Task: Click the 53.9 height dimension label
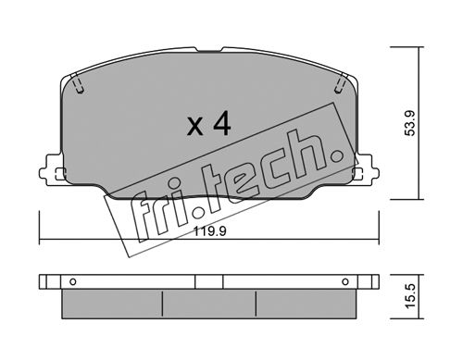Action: (x=411, y=123)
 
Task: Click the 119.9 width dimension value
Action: (x=209, y=231)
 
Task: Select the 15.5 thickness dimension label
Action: (x=411, y=296)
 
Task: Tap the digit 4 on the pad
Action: (x=222, y=124)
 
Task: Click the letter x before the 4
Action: (x=195, y=128)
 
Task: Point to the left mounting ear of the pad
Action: (x=52, y=170)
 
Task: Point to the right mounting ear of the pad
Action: (x=367, y=170)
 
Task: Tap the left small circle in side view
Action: (x=73, y=281)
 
